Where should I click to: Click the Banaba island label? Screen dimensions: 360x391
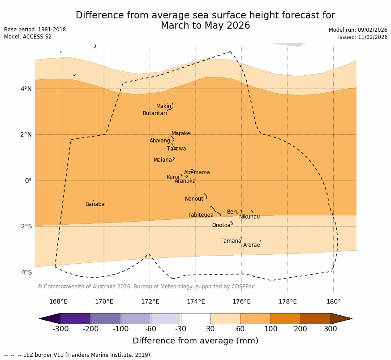[x=95, y=204]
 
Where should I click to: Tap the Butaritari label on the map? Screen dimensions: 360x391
[x=155, y=113]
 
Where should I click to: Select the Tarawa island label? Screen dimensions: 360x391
[x=176, y=149]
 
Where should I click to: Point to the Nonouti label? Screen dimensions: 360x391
[x=194, y=199]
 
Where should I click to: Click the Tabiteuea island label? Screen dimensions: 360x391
[x=200, y=215]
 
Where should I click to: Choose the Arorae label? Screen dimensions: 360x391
[x=251, y=245]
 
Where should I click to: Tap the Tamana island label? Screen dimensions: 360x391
[x=230, y=241]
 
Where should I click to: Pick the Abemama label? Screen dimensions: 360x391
[x=197, y=172]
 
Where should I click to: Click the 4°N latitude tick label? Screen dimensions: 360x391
[x=26, y=89]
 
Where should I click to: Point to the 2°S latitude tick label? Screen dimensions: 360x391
[x=26, y=226]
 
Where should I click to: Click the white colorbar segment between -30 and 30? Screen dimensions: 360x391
[x=196, y=318]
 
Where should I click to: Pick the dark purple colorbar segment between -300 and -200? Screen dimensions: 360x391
[x=76, y=318]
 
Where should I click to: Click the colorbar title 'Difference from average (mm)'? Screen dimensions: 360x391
[x=195, y=341]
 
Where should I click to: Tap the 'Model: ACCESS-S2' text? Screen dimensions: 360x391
[x=28, y=37]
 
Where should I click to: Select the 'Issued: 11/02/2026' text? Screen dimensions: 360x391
[x=362, y=37]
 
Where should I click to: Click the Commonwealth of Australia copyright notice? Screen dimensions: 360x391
[x=146, y=287]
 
